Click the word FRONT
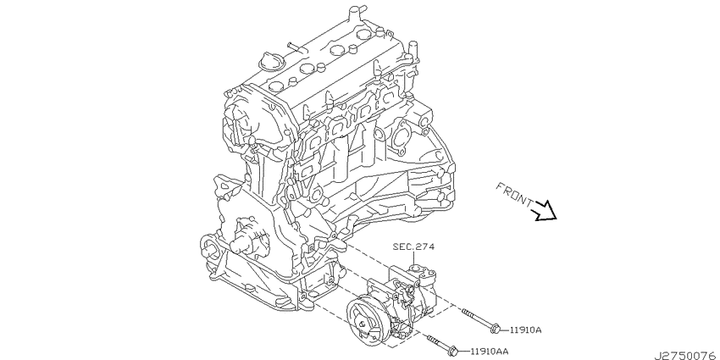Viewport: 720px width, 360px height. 514,194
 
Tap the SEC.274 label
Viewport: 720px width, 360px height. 413,246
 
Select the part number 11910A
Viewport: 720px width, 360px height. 526,330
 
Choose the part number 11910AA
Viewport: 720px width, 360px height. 490,352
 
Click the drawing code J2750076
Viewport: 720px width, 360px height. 686,356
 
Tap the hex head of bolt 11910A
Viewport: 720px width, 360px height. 495,329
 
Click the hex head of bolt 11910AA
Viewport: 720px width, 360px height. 451,352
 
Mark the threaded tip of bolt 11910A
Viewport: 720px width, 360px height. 464,312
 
